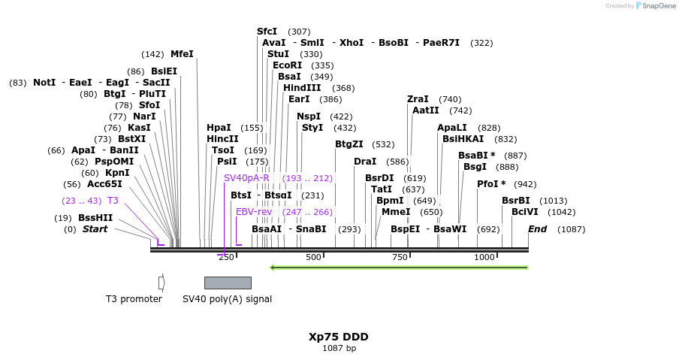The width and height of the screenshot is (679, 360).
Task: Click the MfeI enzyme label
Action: pos(182,54)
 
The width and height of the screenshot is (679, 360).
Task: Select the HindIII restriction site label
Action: pos(302,88)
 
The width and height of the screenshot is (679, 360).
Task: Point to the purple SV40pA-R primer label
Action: pos(246,177)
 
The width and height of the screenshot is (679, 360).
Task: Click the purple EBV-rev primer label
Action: pos(254,212)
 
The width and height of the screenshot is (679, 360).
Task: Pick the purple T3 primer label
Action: pos(113,201)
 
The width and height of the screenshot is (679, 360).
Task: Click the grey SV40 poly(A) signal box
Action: pos(228,283)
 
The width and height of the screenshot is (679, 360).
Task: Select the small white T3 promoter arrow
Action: pos(161,283)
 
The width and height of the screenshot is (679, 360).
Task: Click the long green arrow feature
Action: pos(398,267)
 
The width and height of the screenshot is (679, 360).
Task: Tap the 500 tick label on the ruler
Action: pos(313,257)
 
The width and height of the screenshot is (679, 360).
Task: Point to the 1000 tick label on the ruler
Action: pos(484,257)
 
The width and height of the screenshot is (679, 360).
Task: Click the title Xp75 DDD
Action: pos(339,337)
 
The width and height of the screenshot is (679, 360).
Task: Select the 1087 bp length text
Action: pos(339,348)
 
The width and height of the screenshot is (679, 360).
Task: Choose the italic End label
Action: pos(537,229)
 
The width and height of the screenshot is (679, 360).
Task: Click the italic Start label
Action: pos(95,229)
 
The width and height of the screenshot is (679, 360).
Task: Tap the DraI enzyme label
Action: pos(365,162)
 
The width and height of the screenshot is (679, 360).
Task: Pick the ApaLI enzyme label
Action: pos(452,128)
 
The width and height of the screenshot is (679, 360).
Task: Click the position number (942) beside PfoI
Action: pos(525,184)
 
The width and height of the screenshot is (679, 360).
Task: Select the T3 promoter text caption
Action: pos(134,299)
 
